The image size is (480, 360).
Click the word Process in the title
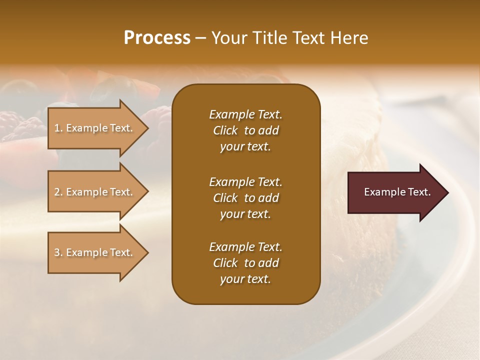click(157, 38)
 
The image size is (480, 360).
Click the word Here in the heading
click(349, 38)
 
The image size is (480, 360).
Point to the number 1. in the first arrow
click(58, 128)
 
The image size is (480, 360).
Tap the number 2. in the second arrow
click(58, 192)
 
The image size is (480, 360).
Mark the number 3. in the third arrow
click(58, 252)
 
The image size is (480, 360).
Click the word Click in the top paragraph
click(225, 130)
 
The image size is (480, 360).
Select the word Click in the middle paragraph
click(225, 198)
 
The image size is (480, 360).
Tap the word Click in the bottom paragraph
click(225, 263)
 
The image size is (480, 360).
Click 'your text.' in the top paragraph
click(245, 147)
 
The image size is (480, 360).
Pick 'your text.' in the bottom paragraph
click(245, 279)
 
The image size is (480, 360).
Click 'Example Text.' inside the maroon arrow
click(397, 192)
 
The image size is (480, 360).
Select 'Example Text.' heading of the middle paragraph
click(245, 182)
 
